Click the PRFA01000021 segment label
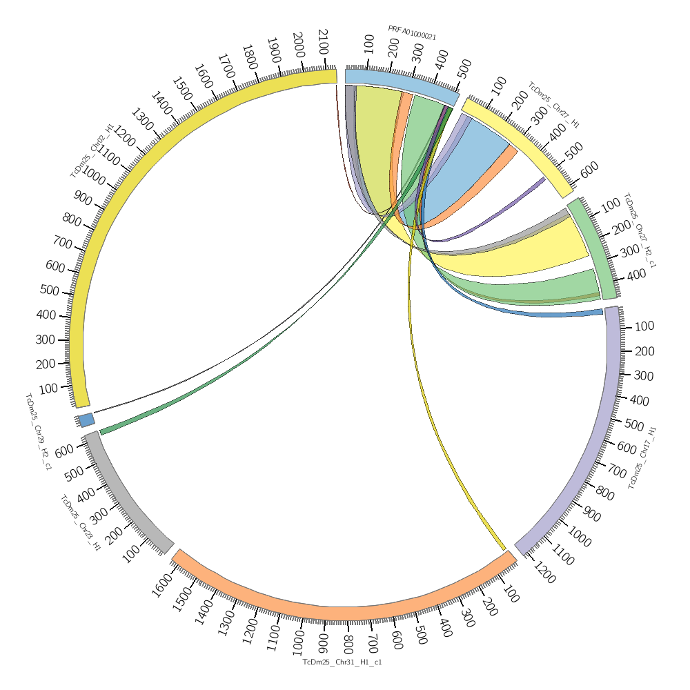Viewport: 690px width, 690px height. click(x=412, y=32)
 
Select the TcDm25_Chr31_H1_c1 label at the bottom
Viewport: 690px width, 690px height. click(x=342, y=662)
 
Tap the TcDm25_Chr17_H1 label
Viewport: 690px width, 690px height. click(x=642, y=458)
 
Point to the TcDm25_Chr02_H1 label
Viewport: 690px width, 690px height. click(x=92, y=150)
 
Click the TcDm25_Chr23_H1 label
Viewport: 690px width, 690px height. click(x=80, y=522)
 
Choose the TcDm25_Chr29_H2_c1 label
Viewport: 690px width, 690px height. click(x=38, y=431)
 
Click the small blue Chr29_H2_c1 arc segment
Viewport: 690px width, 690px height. click(x=86, y=420)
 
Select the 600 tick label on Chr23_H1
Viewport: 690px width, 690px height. click(x=64, y=451)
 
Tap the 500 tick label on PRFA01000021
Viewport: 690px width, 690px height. click(x=464, y=67)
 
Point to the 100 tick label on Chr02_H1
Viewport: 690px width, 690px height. click(x=48, y=388)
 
